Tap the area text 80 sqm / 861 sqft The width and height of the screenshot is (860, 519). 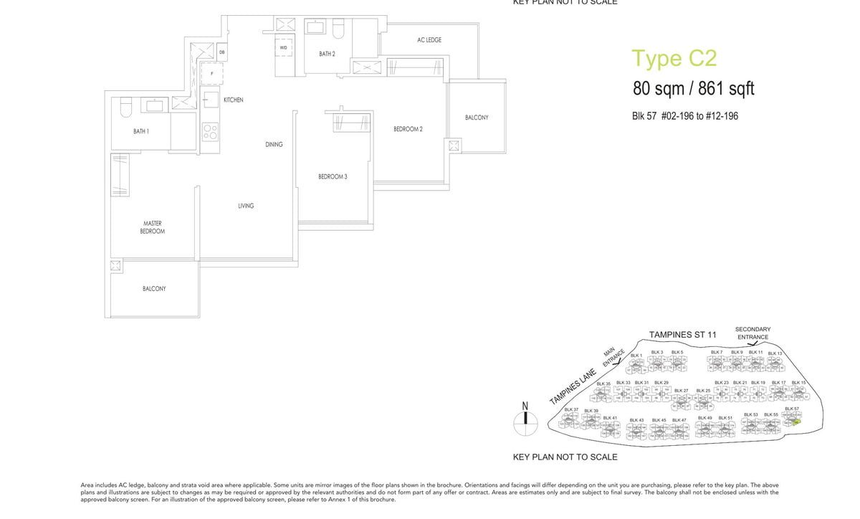pos(693,89)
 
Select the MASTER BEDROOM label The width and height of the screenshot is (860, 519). pos(153,227)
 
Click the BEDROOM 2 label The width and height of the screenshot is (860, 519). pos(408,129)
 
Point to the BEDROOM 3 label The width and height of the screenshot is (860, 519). pos(333,176)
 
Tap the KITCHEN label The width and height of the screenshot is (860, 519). pos(233,100)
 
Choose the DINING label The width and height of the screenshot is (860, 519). pos(274,144)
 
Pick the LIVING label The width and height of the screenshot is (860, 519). pos(246,206)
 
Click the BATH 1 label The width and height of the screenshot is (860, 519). pos(141,131)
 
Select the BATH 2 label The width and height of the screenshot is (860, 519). pos(327,54)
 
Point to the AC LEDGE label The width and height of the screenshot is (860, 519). pos(429,40)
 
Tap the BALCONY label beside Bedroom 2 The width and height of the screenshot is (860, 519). pos(477,118)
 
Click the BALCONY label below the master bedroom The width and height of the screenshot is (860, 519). pos(154,288)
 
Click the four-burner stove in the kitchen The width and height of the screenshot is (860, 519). pos(210,132)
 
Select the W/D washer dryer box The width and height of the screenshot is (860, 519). pos(284,47)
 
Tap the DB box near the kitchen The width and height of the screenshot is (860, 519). pos(222,52)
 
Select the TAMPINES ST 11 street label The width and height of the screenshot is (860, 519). pos(682,335)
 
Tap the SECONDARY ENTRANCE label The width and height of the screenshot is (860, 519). pos(752,333)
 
